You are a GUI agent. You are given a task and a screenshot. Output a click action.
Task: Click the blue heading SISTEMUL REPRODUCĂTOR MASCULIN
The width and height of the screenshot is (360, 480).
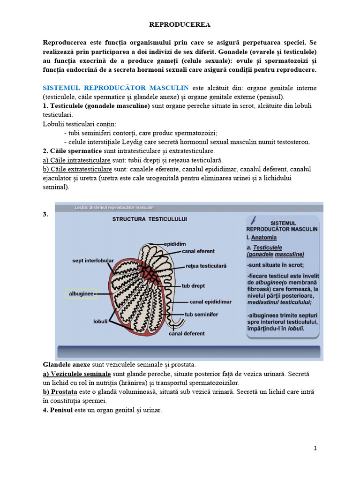(x=116, y=88)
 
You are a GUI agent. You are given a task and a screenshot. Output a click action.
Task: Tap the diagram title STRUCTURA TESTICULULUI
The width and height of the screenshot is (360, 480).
(x=149, y=219)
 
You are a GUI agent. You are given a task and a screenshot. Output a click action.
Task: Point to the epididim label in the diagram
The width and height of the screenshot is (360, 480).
(x=175, y=244)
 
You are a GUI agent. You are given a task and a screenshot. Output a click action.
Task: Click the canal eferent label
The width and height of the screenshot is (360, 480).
(x=198, y=251)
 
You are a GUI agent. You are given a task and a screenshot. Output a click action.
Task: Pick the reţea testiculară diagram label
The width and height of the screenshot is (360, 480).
(x=206, y=266)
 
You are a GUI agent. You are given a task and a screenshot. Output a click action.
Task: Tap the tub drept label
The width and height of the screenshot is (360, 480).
(x=193, y=285)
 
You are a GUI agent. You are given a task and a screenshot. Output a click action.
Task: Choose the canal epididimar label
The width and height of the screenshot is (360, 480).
(x=210, y=302)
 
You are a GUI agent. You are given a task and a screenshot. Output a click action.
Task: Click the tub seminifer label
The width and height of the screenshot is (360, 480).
(x=201, y=315)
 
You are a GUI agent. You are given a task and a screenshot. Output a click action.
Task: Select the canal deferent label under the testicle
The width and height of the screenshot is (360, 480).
(x=187, y=334)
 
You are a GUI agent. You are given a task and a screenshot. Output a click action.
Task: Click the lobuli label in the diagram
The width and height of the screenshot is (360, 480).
(x=100, y=322)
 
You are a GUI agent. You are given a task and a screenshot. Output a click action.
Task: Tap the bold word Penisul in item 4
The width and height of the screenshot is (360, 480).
(x=58, y=410)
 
